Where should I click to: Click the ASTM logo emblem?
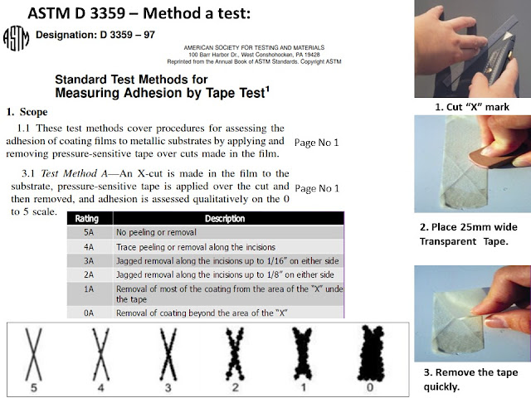click(x=17, y=38)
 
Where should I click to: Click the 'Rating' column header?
click(x=87, y=219)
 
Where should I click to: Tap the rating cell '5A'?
click(x=87, y=233)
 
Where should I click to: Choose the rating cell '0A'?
click(x=87, y=312)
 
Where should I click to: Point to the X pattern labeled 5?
click(x=33, y=350)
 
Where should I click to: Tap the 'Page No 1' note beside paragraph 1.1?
click(x=316, y=142)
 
